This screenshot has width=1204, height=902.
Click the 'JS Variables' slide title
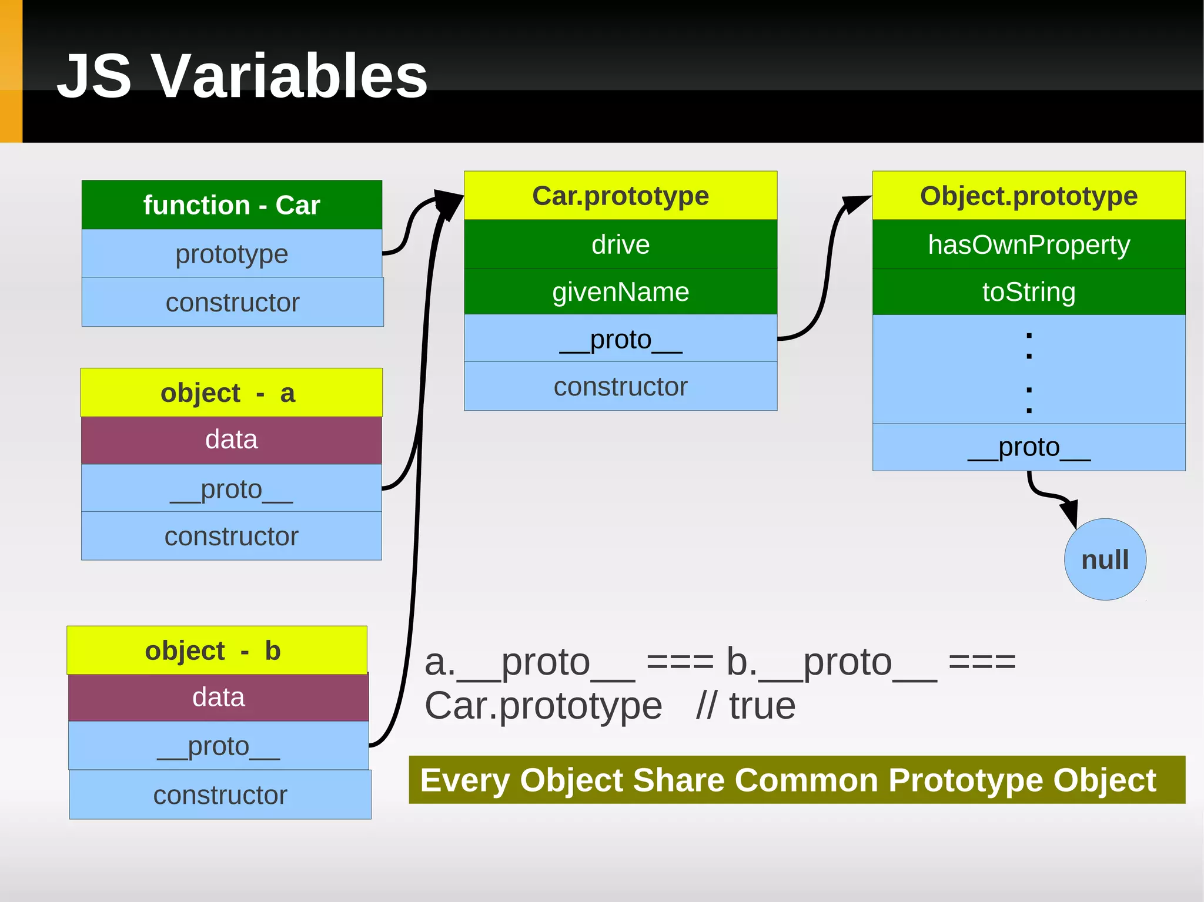click(x=242, y=76)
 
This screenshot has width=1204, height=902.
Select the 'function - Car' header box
click(x=232, y=205)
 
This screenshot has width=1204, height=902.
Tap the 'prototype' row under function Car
click(x=232, y=254)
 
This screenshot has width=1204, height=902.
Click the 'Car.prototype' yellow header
click(x=620, y=196)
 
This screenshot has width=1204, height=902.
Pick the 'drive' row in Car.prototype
click(x=620, y=244)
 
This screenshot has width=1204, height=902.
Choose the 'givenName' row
click(x=620, y=292)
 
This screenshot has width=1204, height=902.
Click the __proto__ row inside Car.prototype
click(x=620, y=339)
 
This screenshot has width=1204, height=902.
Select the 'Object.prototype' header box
click(x=1028, y=196)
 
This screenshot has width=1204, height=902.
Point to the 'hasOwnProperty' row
click(x=1028, y=244)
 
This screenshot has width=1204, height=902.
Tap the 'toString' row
click(x=1028, y=292)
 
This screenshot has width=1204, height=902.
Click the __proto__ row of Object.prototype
click(x=1028, y=447)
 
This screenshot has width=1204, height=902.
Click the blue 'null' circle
click(x=1105, y=559)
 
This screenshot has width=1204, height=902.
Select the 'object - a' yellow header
click(x=231, y=393)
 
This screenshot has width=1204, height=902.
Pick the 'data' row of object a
click(x=231, y=440)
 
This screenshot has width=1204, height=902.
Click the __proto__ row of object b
click(x=218, y=746)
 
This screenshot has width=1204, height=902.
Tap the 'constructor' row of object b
click(x=220, y=795)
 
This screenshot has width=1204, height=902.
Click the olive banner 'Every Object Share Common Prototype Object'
click(x=796, y=780)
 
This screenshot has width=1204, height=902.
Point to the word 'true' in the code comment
click(x=762, y=706)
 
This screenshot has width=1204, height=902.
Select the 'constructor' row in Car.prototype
click(x=620, y=387)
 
